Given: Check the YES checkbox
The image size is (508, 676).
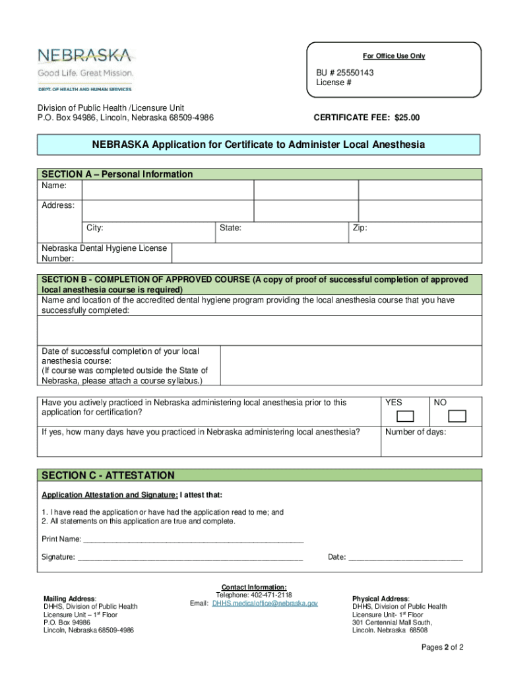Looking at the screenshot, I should coord(404,416).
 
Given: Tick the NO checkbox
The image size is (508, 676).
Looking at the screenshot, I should coord(457,416).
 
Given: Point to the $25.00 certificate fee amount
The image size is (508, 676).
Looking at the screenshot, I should coord(406,118).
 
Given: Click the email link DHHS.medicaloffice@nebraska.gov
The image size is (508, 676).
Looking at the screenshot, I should coord(265,603).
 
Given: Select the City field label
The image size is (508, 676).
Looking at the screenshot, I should coord(94,228).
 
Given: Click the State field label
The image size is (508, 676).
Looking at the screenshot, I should coord(230,228).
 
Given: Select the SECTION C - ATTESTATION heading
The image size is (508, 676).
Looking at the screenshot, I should coord(108,475).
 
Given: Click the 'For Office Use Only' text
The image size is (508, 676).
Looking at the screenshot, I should coord(394,56).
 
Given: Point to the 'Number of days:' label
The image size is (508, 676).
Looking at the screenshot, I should coord(416,432).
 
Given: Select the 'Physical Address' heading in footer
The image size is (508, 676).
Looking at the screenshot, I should coord(380,598).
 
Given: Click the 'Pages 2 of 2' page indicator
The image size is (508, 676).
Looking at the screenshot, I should coord(443,647).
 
